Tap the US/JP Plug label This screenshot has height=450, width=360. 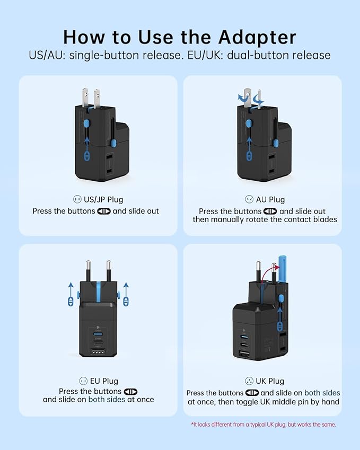[x=104, y=199]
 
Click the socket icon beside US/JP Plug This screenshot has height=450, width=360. [x=77, y=199]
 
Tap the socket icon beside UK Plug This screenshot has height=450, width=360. [x=249, y=381]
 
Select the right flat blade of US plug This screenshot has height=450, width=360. [x=97, y=98]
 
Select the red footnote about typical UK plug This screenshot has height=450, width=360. [x=263, y=424]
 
